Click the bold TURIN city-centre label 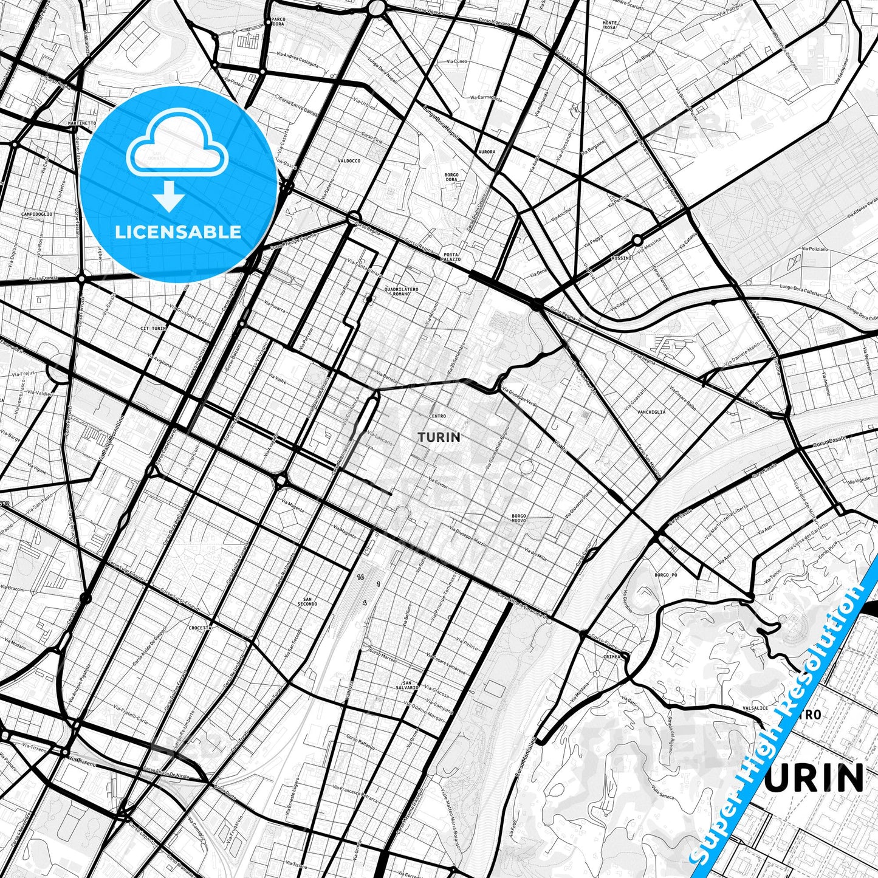point(439,437)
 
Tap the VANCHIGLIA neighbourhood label point(651,411)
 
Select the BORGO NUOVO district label point(518,518)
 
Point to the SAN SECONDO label point(308,602)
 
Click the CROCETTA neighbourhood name point(200,628)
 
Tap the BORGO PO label point(665,574)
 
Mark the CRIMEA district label point(612,656)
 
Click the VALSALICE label point(755,708)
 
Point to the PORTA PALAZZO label point(451,256)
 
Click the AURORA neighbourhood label point(487,152)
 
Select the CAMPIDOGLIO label point(36,214)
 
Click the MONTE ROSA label point(609,26)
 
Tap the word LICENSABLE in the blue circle point(178,232)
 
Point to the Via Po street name point(560,445)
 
